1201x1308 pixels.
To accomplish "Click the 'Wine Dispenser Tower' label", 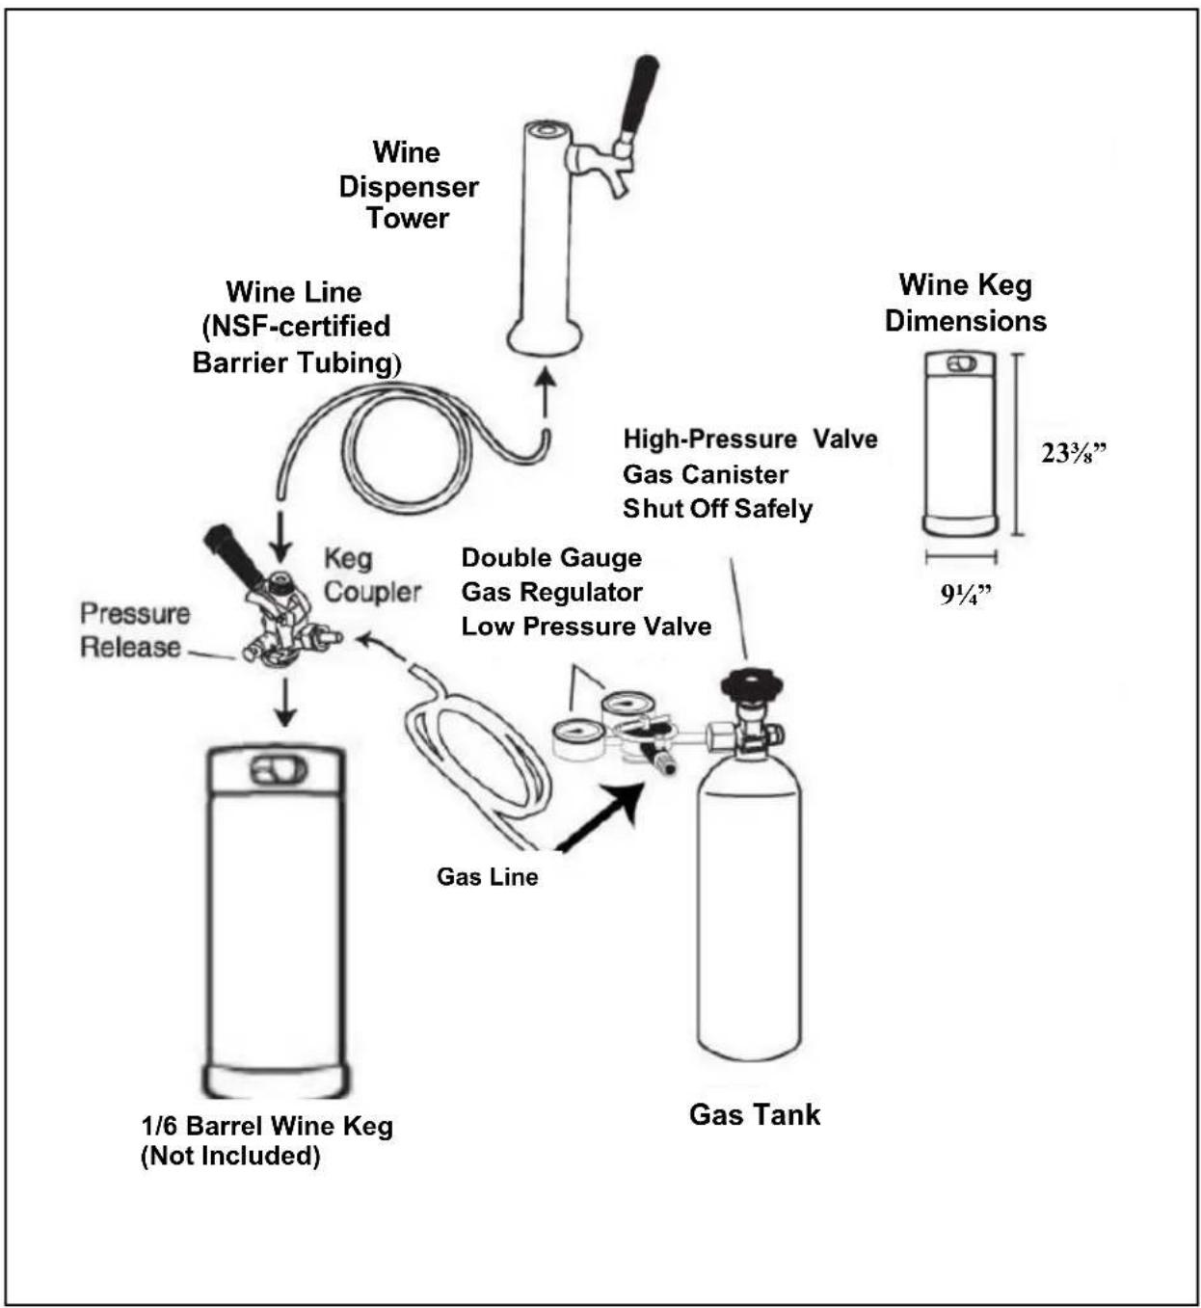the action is pos(409,186).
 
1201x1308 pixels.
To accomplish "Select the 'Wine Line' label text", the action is pos(293,291).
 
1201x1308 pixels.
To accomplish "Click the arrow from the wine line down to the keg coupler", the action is pos(280,536).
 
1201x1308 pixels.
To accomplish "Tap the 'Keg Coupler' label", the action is pos(373,575).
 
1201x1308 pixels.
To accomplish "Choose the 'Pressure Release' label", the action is pos(135,630).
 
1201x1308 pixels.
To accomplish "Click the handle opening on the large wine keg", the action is pos(278,770).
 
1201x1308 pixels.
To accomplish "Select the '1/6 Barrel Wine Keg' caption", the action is pos(267,1126).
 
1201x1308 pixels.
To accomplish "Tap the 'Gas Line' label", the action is pos(487,876).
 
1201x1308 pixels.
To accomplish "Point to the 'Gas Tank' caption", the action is pos(755,1114).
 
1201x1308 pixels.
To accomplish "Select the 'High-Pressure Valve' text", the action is pos(751,439).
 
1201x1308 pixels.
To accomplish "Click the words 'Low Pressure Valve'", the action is pos(586,626).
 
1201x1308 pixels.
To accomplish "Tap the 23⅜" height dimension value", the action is pos(1074,452).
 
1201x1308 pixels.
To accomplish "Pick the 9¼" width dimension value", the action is pos(966,595).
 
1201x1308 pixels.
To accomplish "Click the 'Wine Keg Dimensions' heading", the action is pos(966,303).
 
